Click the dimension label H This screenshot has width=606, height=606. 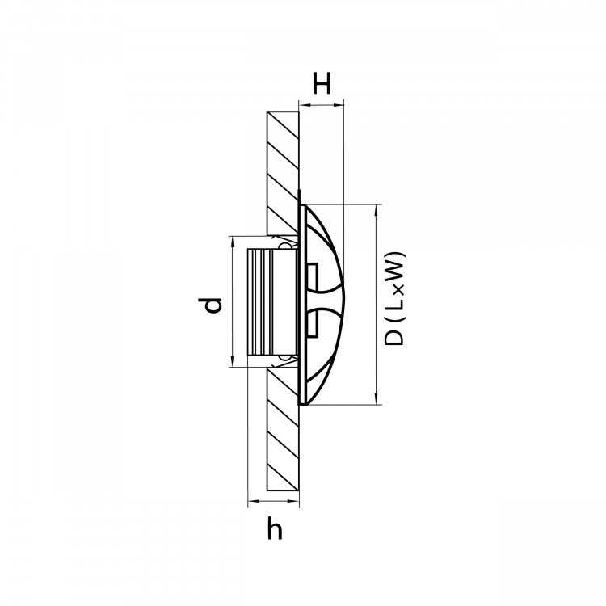point(322,83)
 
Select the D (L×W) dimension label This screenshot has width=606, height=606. point(394,298)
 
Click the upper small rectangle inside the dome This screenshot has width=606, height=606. point(311,276)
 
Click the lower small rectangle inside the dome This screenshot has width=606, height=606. point(311,322)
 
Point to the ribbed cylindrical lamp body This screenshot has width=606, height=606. point(272,302)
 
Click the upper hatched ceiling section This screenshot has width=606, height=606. point(283,173)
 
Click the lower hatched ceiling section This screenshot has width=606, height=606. point(283,429)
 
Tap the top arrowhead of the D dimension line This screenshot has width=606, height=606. point(376,208)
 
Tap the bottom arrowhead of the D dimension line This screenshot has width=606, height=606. point(376,401)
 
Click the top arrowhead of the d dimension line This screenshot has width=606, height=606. point(232,240)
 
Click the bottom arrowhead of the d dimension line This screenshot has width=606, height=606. point(232,363)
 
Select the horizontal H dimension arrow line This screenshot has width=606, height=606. point(322,104)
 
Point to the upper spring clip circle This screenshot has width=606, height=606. point(286,246)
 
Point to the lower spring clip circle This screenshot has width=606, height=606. point(286,358)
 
